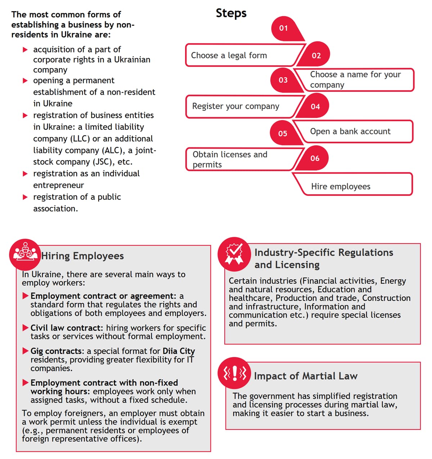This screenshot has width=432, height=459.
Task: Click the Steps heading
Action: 231,13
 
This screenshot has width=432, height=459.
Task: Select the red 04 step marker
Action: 315,106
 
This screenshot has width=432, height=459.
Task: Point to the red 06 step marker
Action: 315,158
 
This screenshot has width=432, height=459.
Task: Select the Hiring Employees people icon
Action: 25,253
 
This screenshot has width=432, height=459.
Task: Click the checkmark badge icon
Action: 234,253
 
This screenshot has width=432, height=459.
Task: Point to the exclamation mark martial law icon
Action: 235,373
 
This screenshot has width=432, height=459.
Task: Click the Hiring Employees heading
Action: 82,256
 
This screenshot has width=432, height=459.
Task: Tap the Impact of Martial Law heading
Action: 306,376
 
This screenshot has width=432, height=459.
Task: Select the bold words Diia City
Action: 179,351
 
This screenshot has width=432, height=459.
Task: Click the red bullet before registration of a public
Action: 25,197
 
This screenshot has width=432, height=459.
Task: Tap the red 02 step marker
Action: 316,55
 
